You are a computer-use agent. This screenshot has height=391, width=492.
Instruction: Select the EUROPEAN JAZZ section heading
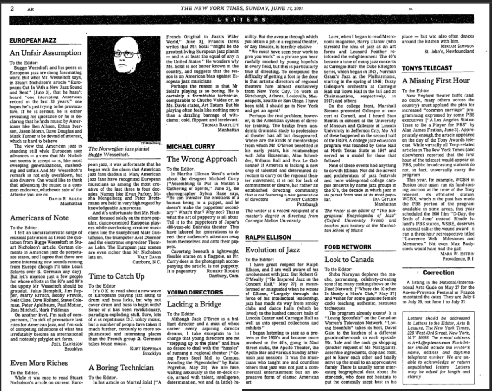pyautogui.click(x=33, y=40)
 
